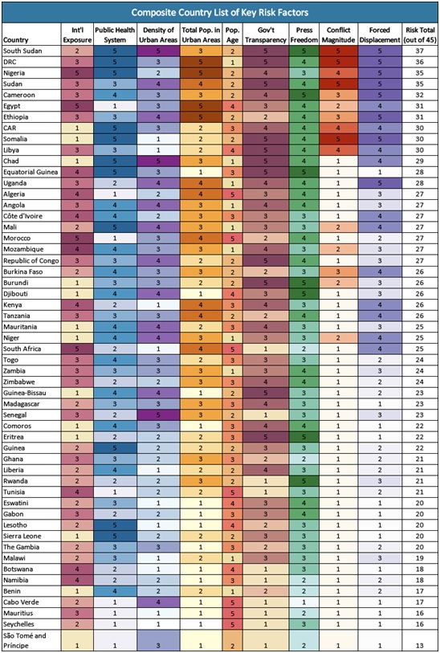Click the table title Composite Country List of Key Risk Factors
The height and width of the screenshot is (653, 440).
click(x=220, y=12)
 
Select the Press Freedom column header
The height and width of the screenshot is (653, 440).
click(x=304, y=35)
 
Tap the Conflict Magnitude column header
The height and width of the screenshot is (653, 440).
click(x=337, y=35)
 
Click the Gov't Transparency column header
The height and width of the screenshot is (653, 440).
click(x=266, y=35)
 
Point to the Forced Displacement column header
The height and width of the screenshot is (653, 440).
click(x=379, y=35)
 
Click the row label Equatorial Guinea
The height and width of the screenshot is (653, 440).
click(x=31, y=172)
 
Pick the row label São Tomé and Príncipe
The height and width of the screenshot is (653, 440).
click(x=25, y=640)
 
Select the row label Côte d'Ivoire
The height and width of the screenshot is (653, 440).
click(x=22, y=216)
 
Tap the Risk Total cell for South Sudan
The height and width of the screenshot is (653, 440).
click(x=420, y=51)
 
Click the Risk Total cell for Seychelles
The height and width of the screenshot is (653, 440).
click(x=420, y=624)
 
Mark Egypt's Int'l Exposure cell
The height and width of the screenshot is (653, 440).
click(x=76, y=106)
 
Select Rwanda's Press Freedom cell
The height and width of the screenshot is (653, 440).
click(x=304, y=481)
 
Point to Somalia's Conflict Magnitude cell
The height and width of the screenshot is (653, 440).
click(x=337, y=139)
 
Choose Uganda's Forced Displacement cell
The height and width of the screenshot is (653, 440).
click(x=379, y=183)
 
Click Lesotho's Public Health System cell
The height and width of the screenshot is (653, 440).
click(x=115, y=525)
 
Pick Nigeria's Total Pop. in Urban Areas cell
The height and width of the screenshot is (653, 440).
click(x=200, y=73)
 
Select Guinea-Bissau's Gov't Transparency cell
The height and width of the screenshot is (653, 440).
click(x=266, y=393)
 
